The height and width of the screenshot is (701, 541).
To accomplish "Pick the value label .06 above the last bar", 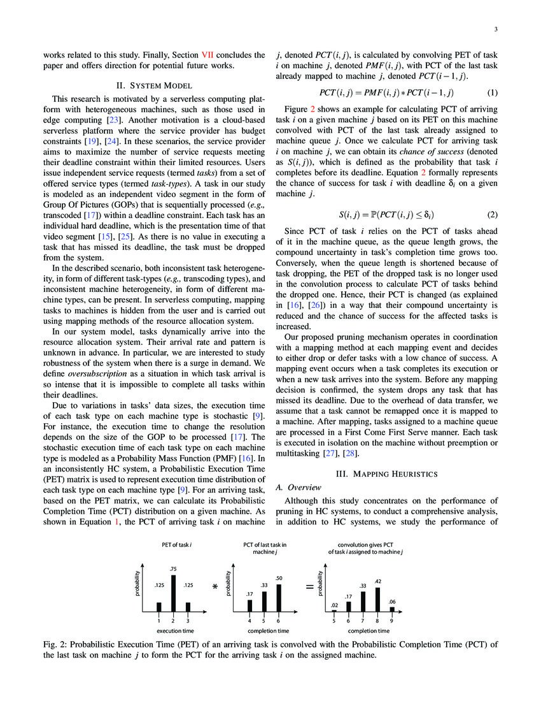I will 392,602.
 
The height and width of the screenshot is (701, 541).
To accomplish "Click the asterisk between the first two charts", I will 215,586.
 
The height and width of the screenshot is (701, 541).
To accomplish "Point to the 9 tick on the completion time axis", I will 392,620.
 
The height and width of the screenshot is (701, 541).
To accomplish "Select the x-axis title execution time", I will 172,630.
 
